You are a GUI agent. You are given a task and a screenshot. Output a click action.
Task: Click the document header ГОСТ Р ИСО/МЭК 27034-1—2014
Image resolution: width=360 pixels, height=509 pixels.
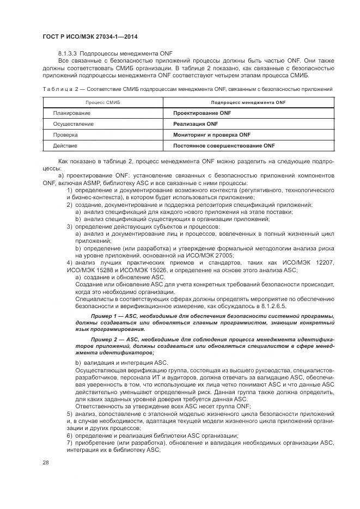point(89,36)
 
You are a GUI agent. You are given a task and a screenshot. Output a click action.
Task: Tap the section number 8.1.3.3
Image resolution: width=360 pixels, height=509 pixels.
point(70,53)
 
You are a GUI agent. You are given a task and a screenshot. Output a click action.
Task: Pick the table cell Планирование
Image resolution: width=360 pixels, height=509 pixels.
point(71,113)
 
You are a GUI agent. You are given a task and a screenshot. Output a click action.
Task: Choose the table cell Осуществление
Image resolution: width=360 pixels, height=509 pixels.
point(73,124)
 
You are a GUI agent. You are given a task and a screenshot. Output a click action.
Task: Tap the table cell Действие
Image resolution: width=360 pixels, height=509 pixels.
point(65,146)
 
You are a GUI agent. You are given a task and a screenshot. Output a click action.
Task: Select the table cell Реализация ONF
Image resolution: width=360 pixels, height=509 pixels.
point(195,124)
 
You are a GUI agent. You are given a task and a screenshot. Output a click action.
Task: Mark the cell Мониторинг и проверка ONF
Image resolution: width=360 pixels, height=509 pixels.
point(211,135)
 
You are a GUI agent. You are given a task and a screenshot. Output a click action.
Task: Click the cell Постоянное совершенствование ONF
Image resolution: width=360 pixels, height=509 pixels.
point(224,146)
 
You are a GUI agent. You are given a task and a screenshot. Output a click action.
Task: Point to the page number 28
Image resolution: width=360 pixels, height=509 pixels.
point(45,463)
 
